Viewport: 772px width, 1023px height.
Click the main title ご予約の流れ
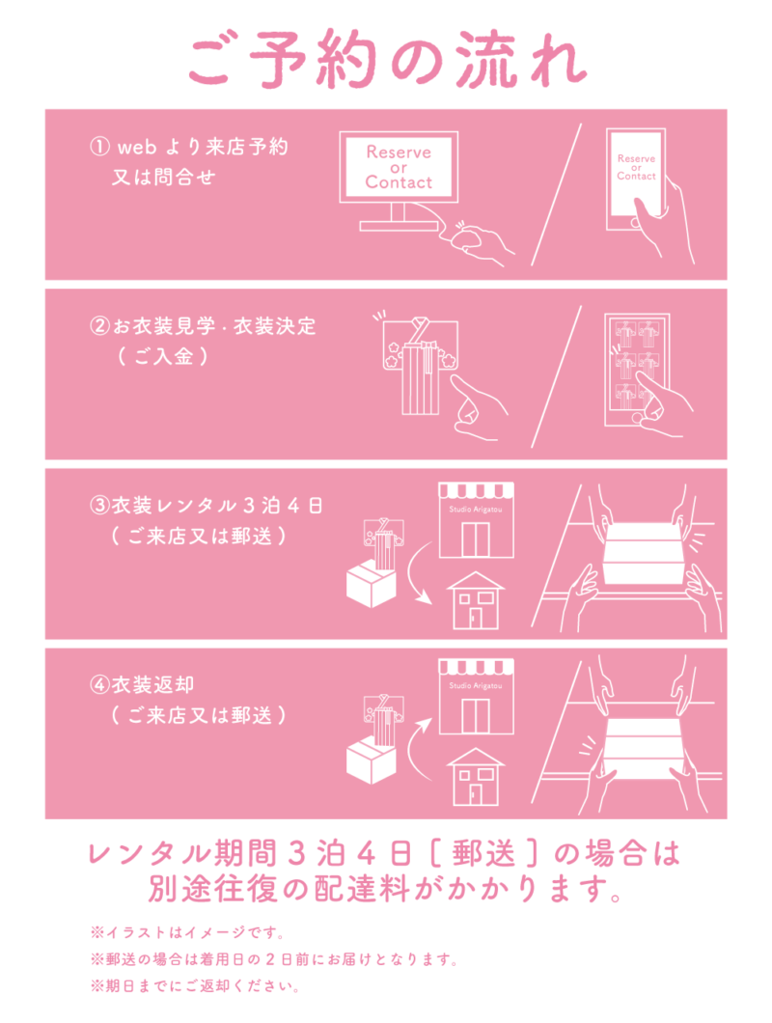(x=388, y=60)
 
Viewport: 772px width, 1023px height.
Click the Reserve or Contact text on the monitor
(x=399, y=167)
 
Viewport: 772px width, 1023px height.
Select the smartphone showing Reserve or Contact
(x=636, y=180)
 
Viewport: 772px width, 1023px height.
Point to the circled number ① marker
(x=99, y=146)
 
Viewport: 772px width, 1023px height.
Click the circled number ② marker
(x=99, y=325)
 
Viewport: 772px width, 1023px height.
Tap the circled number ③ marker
(x=99, y=505)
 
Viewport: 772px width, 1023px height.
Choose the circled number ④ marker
(x=99, y=684)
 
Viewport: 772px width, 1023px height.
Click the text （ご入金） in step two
(x=163, y=356)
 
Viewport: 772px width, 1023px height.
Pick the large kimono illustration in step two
(x=421, y=366)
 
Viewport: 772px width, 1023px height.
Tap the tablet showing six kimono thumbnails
(x=637, y=370)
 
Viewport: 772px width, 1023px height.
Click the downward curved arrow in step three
(x=416, y=574)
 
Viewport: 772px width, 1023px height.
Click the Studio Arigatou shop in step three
(x=476, y=520)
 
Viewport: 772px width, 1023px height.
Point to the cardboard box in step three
(x=372, y=585)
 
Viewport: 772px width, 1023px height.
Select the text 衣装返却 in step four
(x=152, y=684)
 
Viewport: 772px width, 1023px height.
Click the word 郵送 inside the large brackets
(x=483, y=853)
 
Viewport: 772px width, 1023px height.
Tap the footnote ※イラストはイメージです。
(x=188, y=932)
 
